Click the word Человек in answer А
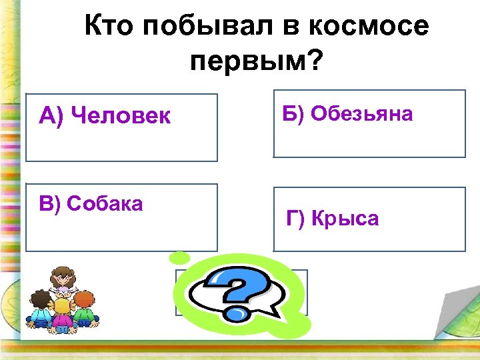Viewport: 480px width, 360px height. [x=120, y=117]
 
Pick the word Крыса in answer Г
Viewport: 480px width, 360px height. [x=345, y=218]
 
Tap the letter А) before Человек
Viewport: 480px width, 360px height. [x=51, y=117]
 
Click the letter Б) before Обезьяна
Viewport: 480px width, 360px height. [x=294, y=114]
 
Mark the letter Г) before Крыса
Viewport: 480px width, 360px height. [x=297, y=218]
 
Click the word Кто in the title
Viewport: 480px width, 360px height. [x=111, y=28]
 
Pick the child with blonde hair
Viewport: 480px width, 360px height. [x=62, y=313]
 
